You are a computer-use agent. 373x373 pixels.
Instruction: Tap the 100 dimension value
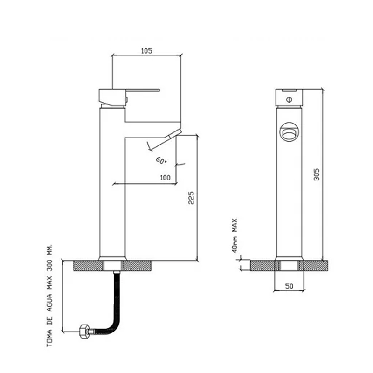(165, 178)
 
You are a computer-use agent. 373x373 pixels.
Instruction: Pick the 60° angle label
(161, 160)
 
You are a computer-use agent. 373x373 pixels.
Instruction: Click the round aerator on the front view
(289, 133)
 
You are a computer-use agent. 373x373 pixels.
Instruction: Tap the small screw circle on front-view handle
(289, 99)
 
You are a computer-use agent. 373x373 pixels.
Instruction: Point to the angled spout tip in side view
(174, 134)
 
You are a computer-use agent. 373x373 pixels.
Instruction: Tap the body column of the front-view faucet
(289, 196)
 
